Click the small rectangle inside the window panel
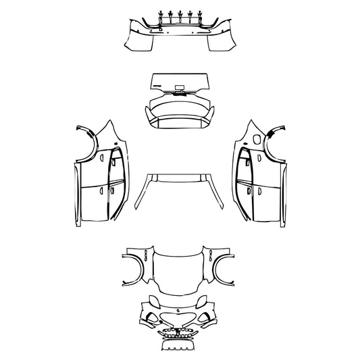click(180, 87)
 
